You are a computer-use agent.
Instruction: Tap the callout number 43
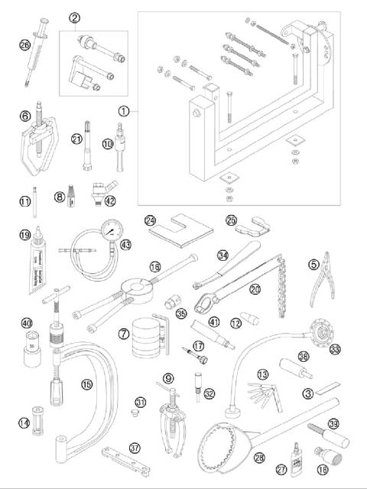(x=126, y=244)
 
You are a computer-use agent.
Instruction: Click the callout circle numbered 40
(x=27, y=323)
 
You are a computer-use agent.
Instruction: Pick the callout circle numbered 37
(x=137, y=448)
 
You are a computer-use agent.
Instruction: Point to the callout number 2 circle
(x=75, y=16)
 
